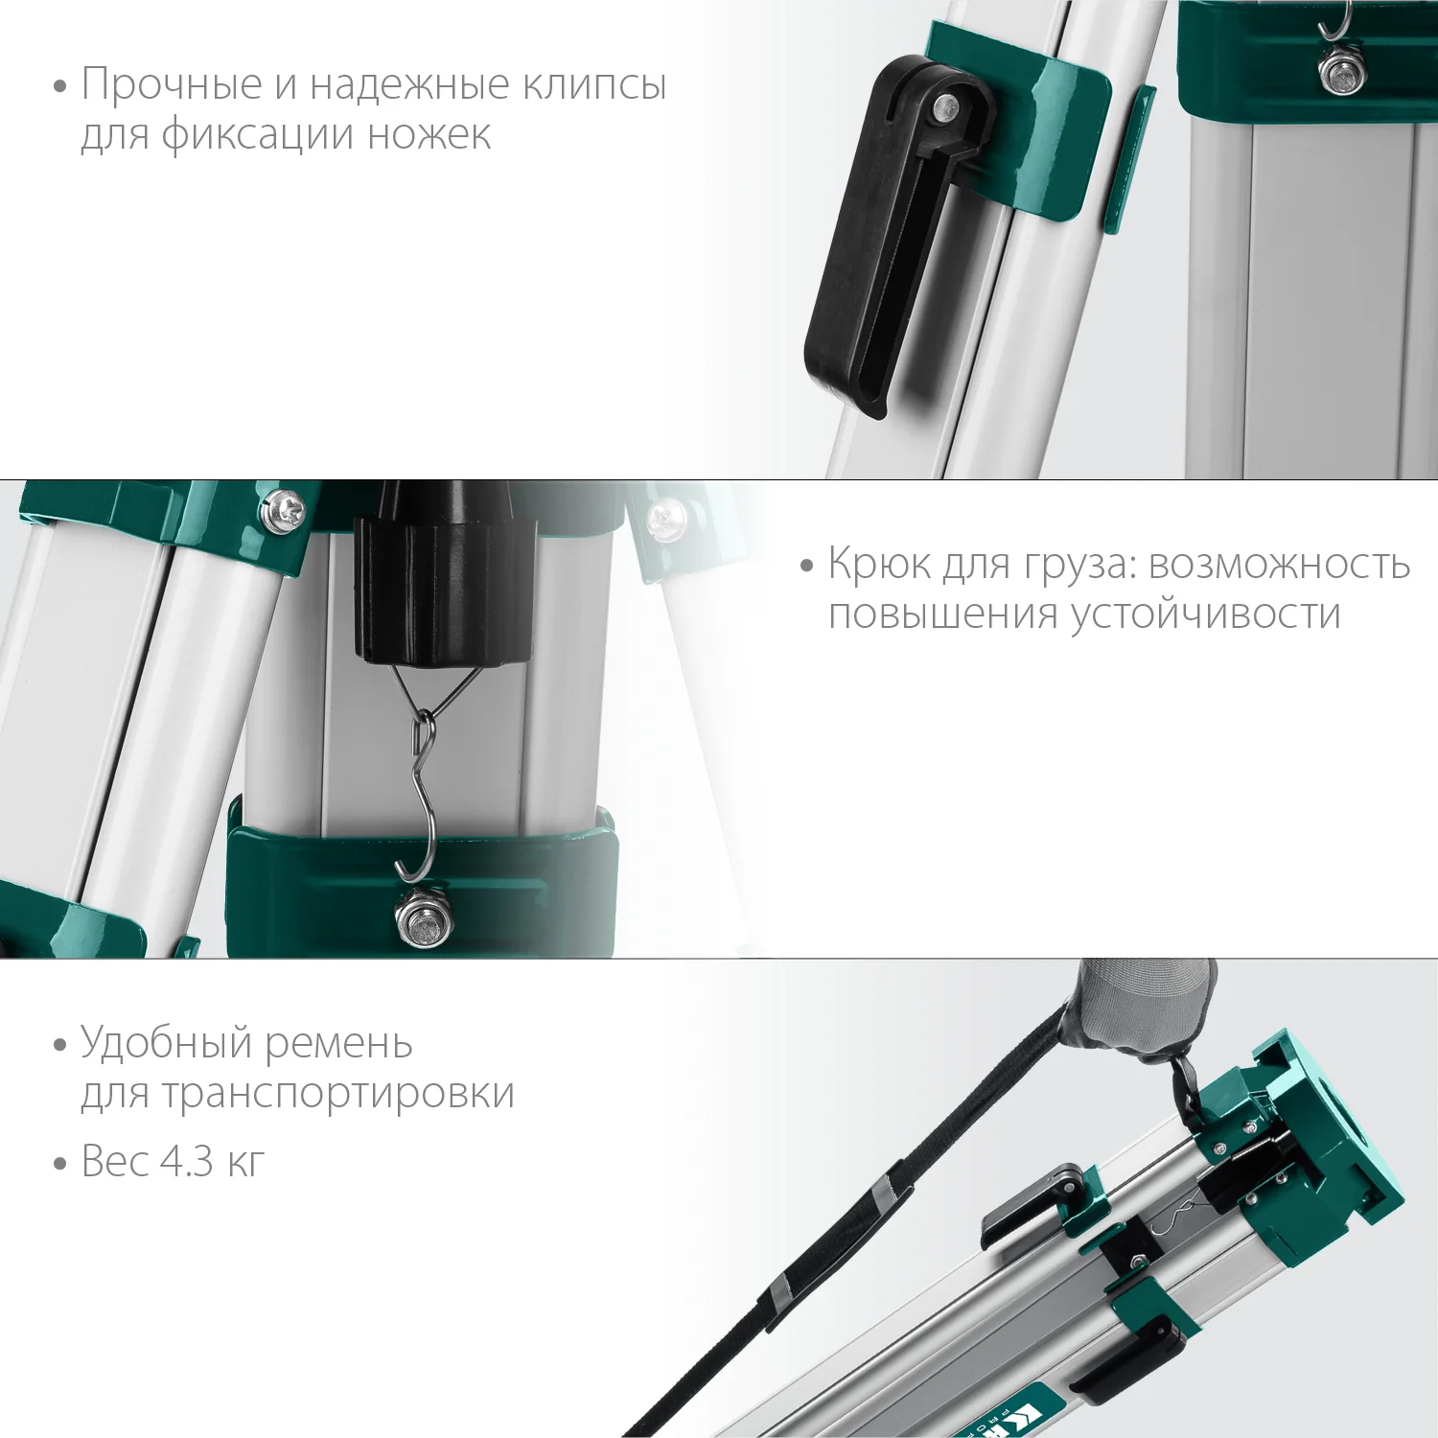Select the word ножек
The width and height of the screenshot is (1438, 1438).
point(429,134)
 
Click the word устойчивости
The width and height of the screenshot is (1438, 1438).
point(1205,614)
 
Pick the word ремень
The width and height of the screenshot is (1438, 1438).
point(338,1043)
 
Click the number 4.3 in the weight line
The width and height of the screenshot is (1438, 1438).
point(186,1162)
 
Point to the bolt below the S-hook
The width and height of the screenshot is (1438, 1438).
point(425,918)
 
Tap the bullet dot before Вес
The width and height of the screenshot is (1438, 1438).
point(60,1164)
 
